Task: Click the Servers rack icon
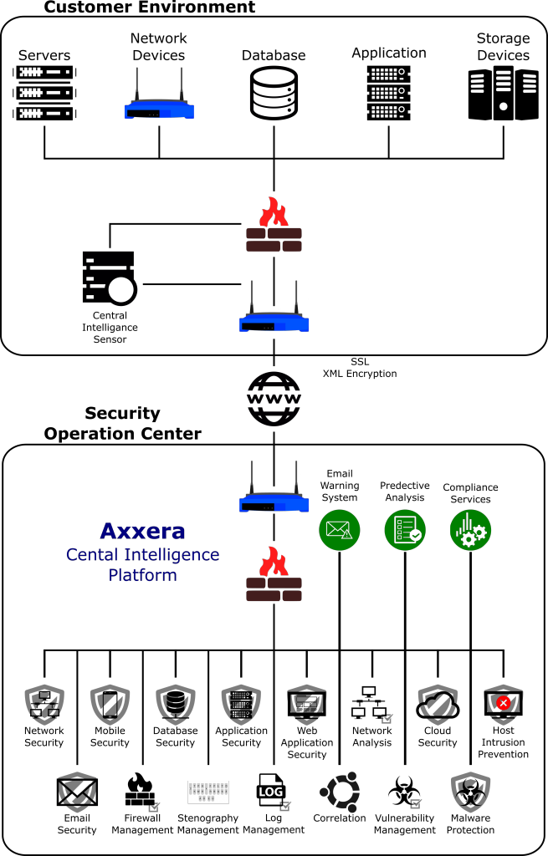tap(45, 93)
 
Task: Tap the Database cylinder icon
tap(274, 93)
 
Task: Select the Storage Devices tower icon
tap(503, 93)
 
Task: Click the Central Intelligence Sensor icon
tap(110, 278)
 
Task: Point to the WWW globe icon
tap(274, 399)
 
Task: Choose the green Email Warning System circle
tap(340, 530)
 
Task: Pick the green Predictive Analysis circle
tap(405, 530)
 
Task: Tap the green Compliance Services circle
tap(470, 530)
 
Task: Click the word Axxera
tap(142, 531)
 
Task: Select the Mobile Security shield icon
tap(110, 704)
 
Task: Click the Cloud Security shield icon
tap(438, 704)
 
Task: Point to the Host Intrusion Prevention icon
tap(503, 704)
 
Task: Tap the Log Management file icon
tap(273, 792)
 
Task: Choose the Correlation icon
tap(340, 792)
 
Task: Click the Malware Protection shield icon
tap(470, 792)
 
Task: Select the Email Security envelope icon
tap(77, 792)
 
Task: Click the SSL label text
tap(360, 361)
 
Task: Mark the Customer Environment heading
tap(149, 7)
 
